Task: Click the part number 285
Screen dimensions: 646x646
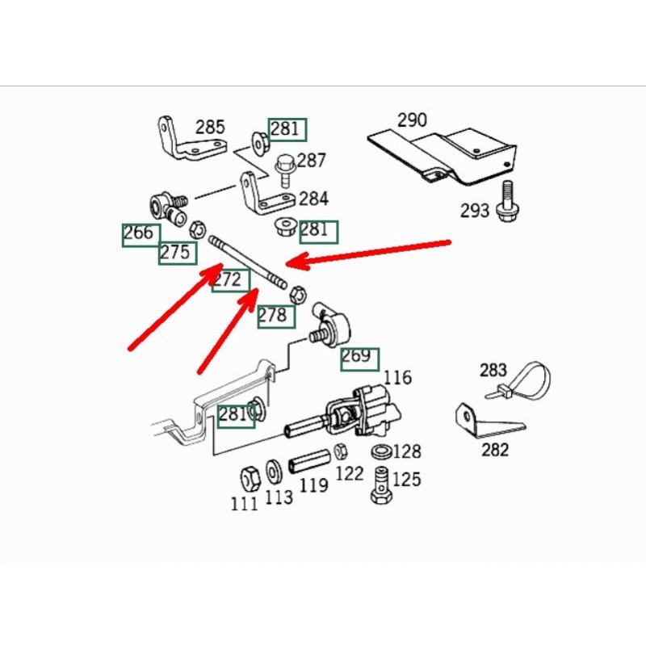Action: (x=210, y=128)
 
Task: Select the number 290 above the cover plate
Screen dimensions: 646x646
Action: (x=412, y=121)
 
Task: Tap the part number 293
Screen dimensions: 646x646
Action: (x=475, y=212)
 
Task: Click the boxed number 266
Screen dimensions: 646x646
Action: (x=138, y=234)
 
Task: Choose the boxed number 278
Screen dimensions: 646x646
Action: (x=274, y=316)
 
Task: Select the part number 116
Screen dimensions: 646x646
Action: (x=397, y=377)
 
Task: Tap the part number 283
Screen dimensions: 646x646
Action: (x=493, y=371)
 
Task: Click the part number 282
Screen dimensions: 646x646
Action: (x=495, y=449)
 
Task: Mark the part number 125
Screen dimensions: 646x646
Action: (x=407, y=480)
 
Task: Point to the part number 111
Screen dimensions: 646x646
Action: (x=244, y=504)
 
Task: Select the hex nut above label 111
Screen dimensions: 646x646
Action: (x=248, y=476)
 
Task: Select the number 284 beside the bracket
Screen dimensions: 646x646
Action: (x=313, y=198)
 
